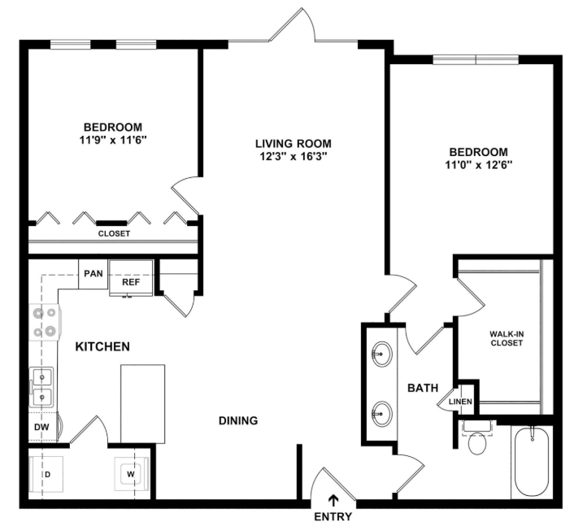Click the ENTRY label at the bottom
[333, 516]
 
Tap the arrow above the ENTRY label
[333, 500]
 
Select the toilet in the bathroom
[477, 438]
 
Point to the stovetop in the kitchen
[45, 323]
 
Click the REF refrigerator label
[131, 282]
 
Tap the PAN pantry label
[93, 273]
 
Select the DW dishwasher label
[41, 427]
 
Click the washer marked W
[131, 474]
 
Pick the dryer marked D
[46, 475]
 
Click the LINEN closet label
[460, 402]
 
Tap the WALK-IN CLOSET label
[507, 338]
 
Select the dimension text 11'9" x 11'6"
[113, 140]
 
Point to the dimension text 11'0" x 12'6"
[478, 165]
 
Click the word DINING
[238, 421]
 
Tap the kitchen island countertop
[143, 403]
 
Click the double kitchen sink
[42, 387]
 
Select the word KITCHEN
[102, 346]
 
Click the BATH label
[423, 388]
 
